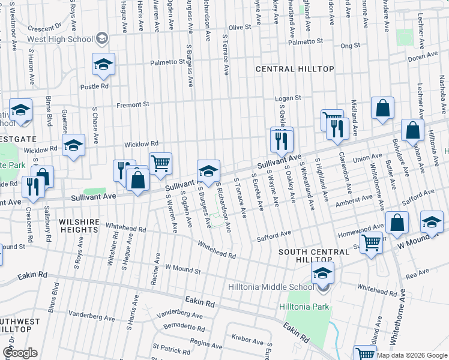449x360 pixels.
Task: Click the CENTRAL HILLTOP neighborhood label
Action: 295,69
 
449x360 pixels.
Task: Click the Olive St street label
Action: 239,28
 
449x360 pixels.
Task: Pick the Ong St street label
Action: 350,45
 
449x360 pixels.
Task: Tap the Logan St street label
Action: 288,98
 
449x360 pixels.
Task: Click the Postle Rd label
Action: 95,86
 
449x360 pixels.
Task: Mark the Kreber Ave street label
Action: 248,340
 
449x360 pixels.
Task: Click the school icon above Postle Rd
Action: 103,64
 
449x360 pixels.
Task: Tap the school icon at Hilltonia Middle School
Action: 322,273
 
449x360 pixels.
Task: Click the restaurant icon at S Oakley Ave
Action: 282,140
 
